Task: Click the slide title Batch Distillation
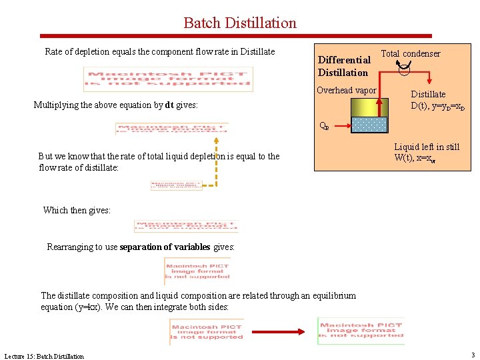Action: [240, 23]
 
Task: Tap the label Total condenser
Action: [410, 53]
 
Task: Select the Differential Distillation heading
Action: [344, 66]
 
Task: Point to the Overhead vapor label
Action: [346, 91]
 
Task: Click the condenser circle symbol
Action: [404, 66]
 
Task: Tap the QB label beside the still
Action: [324, 125]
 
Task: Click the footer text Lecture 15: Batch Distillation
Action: [44, 356]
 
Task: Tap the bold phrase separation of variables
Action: [165, 247]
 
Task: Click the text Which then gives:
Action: [77, 210]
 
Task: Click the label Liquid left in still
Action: [427, 147]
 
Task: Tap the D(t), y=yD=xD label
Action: [438, 106]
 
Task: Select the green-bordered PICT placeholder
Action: [361, 331]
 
